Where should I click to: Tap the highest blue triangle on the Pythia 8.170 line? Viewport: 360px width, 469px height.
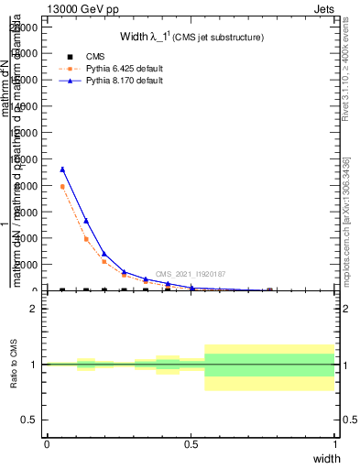coord(62,169)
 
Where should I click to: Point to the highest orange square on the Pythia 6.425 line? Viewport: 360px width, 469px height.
coord(62,187)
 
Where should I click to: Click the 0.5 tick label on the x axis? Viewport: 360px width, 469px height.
coord(191,444)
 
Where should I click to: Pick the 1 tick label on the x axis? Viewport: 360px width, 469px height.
coord(335,444)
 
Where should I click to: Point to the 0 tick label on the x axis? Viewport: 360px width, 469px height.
coord(47,444)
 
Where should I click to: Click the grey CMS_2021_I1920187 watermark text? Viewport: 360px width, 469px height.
coord(191,274)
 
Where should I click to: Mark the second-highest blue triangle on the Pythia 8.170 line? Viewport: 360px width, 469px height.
coord(86,221)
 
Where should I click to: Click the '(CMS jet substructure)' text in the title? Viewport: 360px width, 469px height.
coord(220,38)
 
